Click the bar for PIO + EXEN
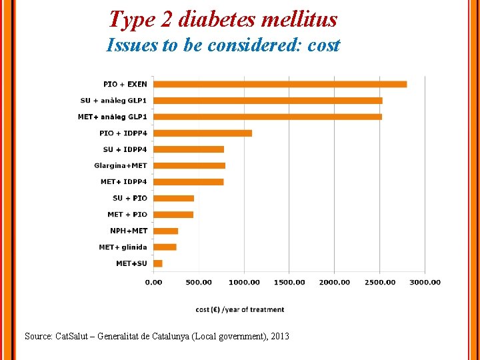click(x=280, y=84)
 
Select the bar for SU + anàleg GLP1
click(x=267, y=101)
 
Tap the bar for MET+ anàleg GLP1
click(x=267, y=117)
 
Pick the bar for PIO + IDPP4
click(x=203, y=133)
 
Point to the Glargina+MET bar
click(x=189, y=165)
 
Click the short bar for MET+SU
click(x=158, y=263)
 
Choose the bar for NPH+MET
click(x=166, y=231)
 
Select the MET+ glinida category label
click(x=123, y=247)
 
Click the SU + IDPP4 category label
click(x=125, y=149)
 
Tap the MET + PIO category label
click(x=127, y=215)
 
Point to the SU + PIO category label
click(x=129, y=198)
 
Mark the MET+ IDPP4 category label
click(x=123, y=182)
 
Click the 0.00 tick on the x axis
click(x=153, y=282)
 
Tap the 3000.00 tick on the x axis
click(x=425, y=282)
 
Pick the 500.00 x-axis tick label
click(x=199, y=282)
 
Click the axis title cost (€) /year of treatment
click(x=240, y=309)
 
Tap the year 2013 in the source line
click(x=279, y=337)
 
